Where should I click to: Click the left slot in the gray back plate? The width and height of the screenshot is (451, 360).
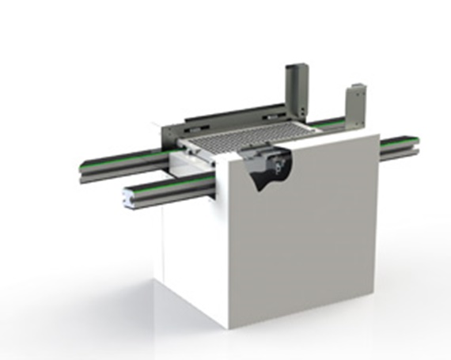tap(196, 126)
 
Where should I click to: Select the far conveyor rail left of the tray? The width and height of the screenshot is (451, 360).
tap(119, 157)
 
